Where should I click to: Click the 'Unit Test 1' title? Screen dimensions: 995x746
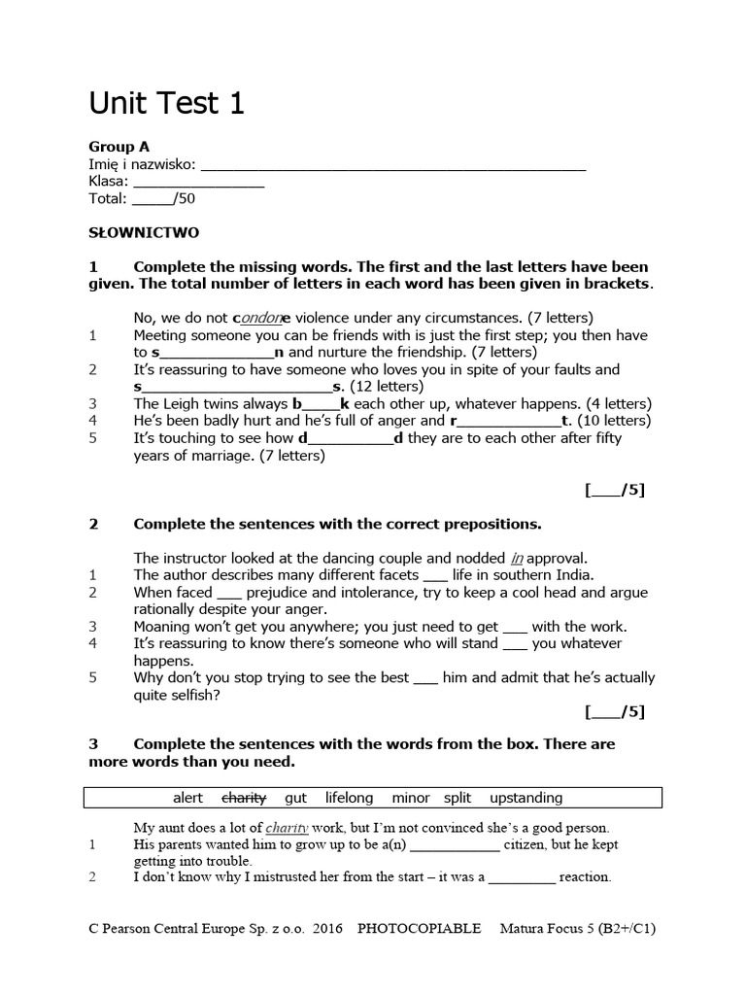(166, 103)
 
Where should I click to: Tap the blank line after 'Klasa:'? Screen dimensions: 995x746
(198, 182)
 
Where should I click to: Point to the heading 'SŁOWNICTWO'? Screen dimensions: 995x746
(144, 233)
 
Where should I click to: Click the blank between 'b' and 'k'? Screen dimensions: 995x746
(322, 403)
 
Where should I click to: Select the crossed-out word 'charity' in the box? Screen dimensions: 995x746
(244, 798)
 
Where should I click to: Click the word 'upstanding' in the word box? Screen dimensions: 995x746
(526, 798)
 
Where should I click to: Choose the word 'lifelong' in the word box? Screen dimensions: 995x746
(349, 798)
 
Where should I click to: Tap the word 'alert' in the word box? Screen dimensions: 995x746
(187, 798)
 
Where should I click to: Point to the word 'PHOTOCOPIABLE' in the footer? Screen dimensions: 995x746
(419, 928)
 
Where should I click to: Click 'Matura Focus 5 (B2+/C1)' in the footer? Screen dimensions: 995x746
(578, 928)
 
